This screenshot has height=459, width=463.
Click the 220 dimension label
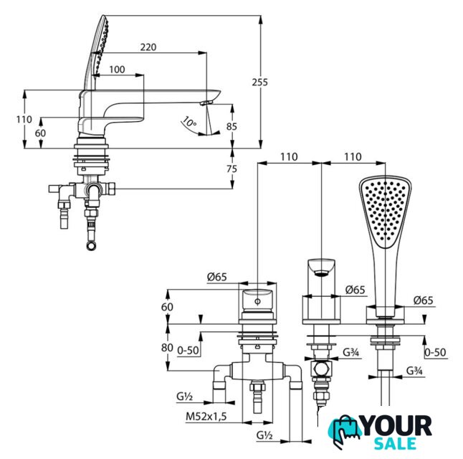click(x=148, y=47)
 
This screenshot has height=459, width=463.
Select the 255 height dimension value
click(x=260, y=82)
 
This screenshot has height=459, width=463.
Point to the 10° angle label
click(x=188, y=122)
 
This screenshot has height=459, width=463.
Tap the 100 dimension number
click(x=117, y=70)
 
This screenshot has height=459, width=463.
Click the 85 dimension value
click(x=231, y=126)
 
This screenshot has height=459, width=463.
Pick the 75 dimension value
click(x=231, y=169)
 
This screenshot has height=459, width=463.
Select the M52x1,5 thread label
click(x=206, y=417)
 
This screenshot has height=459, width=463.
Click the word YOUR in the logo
click(x=396, y=426)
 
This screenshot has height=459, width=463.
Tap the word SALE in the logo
click(x=396, y=444)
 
